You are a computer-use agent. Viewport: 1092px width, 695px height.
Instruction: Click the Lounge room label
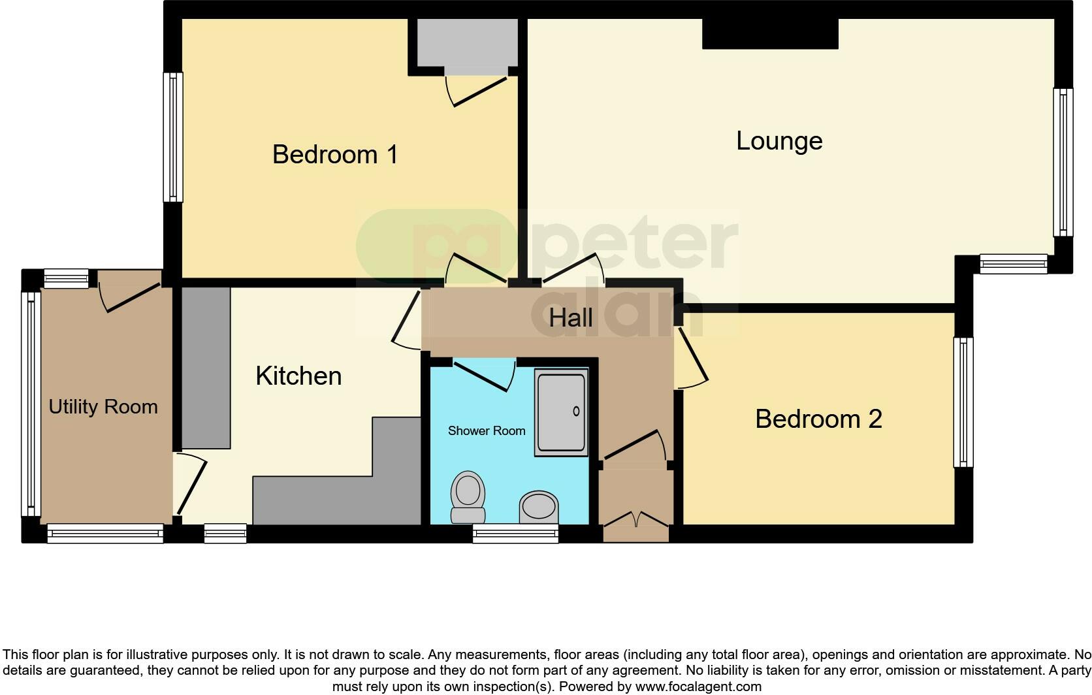click(x=779, y=141)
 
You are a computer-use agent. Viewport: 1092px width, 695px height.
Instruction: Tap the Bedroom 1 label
click(x=334, y=155)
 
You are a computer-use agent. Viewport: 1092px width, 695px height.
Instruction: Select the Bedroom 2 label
click(x=818, y=419)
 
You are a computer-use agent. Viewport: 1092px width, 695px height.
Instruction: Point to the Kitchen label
click(x=298, y=376)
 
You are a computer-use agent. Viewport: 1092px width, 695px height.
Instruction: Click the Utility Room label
click(x=103, y=407)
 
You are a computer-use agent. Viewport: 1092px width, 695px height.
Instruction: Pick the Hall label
click(x=571, y=318)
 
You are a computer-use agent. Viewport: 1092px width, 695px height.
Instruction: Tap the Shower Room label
click(x=487, y=431)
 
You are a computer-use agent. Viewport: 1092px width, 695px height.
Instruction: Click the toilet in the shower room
click(x=468, y=496)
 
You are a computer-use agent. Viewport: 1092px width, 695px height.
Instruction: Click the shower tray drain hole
click(x=576, y=412)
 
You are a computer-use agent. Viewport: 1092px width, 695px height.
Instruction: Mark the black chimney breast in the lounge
click(x=770, y=33)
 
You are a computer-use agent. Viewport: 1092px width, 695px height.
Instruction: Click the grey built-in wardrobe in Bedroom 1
click(x=467, y=42)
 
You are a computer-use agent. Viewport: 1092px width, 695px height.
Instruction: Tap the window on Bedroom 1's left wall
click(x=173, y=137)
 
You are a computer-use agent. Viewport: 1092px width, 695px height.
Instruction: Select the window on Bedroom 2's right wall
click(x=963, y=402)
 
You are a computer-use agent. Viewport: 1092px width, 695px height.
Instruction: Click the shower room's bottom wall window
click(x=515, y=534)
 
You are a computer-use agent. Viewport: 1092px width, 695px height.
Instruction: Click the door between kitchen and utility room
click(x=191, y=483)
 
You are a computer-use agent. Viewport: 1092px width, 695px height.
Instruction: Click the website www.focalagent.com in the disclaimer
click(x=698, y=687)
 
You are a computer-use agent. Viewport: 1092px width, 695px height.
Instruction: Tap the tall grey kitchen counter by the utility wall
click(x=206, y=367)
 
